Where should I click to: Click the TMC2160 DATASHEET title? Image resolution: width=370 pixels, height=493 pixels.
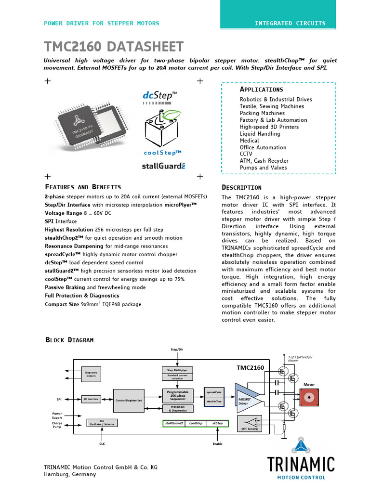tap(114, 47)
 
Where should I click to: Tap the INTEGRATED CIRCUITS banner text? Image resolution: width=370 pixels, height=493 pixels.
tap(290, 23)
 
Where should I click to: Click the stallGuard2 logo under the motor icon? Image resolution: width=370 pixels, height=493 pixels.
tap(163, 166)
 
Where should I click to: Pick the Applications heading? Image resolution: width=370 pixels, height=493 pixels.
tap(261, 90)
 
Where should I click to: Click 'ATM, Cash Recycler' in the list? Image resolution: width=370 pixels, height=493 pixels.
tap(264, 161)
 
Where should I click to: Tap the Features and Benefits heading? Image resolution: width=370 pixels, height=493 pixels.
tap(83, 187)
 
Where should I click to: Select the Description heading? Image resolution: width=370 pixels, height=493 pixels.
tap(241, 187)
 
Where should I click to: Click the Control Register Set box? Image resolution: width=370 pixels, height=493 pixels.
tap(129, 400)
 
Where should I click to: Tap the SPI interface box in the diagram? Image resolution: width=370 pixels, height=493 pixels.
tap(91, 399)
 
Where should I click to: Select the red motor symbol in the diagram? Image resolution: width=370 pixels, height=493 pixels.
tap(308, 398)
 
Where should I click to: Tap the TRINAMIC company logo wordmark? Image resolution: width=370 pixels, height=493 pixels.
tap(301, 464)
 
